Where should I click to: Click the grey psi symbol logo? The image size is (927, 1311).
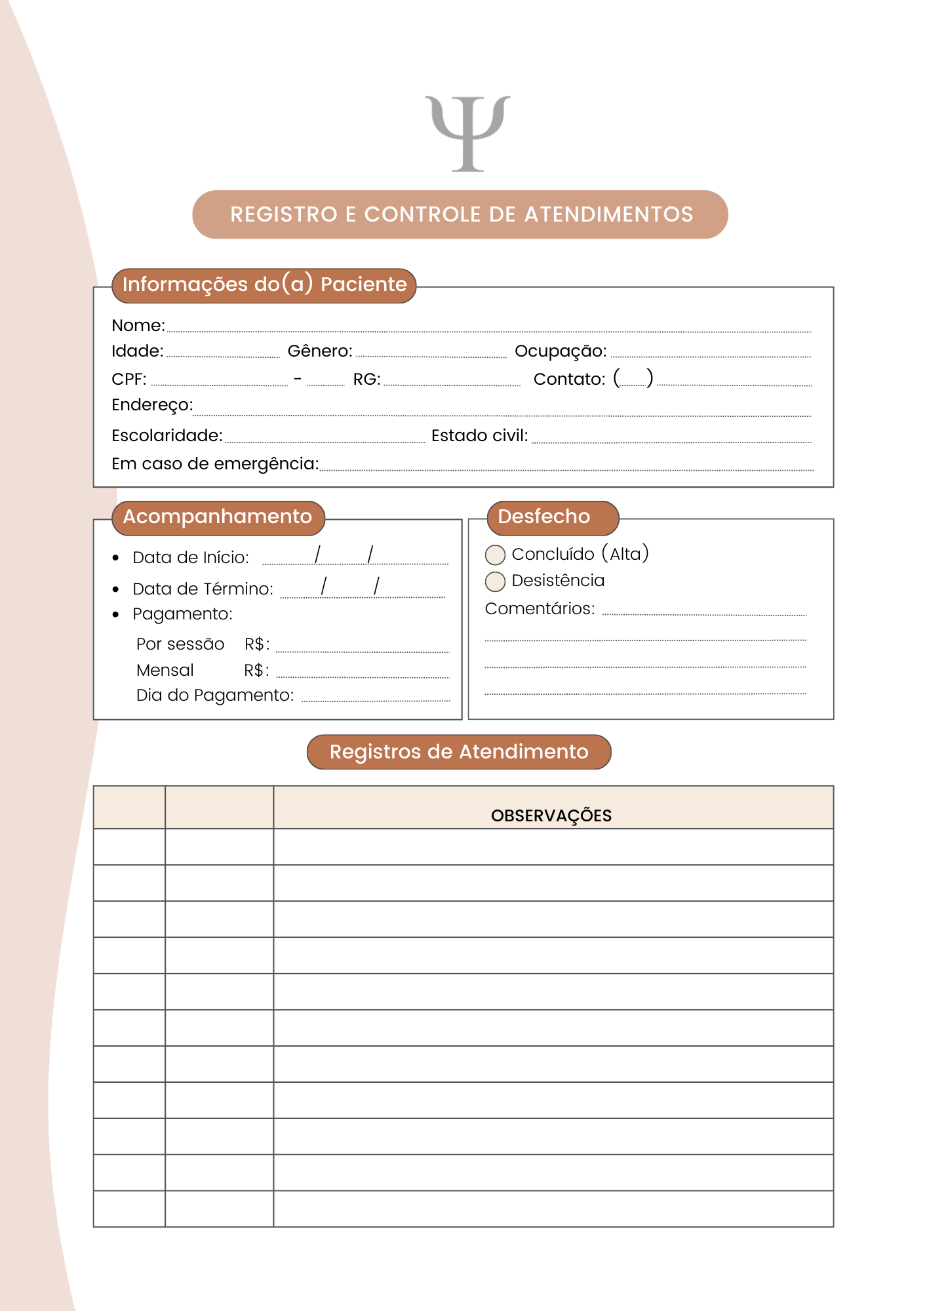tap(467, 133)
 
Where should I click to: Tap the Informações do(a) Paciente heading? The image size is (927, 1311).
tap(264, 285)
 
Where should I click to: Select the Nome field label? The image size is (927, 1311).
tap(138, 326)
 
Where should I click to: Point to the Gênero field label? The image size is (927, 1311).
tap(320, 351)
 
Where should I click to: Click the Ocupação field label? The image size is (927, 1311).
tap(561, 351)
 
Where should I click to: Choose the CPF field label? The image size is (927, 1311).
tap(129, 380)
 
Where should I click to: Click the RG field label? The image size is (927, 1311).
tap(366, 380)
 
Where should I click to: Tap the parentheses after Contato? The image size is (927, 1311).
tap(633, 378)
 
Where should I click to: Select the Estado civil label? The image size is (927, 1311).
tap(479, 436)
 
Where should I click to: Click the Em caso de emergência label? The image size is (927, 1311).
tap(215, 464)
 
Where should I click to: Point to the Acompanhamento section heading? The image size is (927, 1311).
tap(218, 517)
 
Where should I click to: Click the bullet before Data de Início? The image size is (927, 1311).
tap(116, 558)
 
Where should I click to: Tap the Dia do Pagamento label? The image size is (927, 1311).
tap(215, 695)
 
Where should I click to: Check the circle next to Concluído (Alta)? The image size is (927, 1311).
tap(495, 555)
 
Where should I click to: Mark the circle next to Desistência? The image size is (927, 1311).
tap(495, 581)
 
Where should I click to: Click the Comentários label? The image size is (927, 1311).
tap(540, 609)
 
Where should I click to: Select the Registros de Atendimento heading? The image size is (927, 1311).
tap(459, 752)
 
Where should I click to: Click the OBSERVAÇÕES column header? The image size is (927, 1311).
tap(551, 815)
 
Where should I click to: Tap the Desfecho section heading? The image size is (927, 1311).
tap(544, 517)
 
